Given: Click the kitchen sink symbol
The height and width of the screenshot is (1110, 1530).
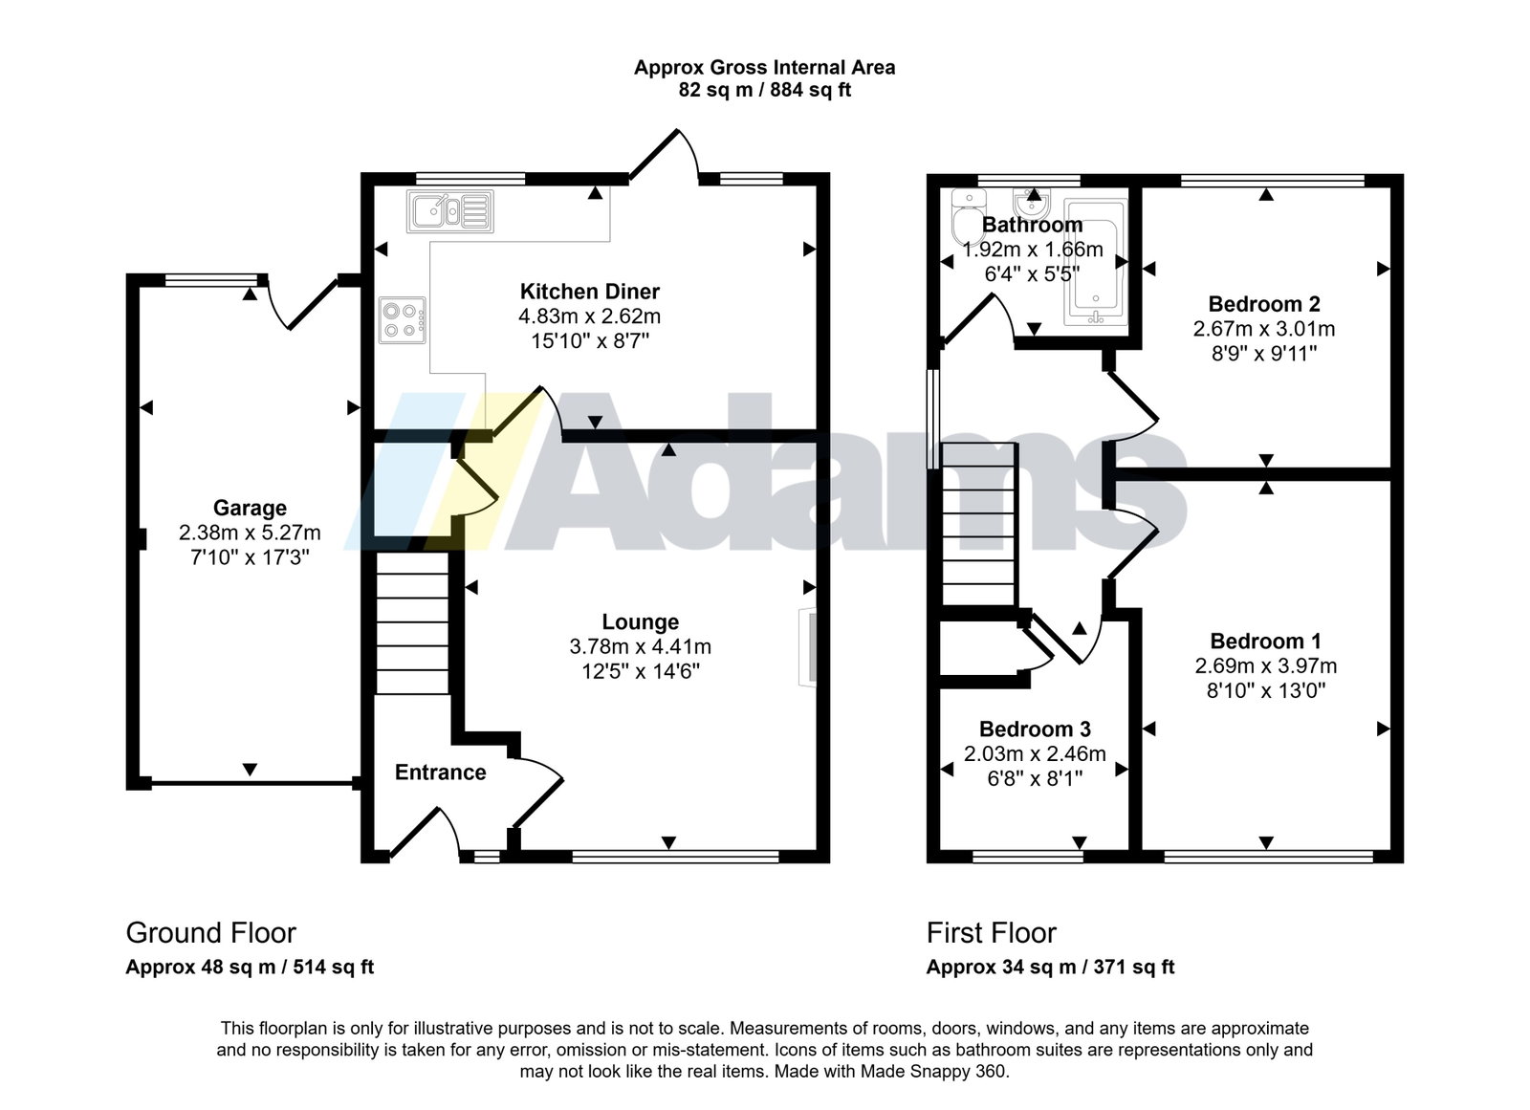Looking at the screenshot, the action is [450, 211].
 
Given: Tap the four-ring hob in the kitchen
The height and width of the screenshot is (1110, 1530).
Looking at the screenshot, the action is [403, 320].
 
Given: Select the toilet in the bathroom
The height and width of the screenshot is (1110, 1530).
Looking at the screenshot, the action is [969, 216].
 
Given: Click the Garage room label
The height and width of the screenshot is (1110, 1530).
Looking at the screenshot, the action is [250, 509].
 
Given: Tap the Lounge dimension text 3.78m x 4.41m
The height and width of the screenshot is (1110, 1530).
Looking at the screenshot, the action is [640, 646].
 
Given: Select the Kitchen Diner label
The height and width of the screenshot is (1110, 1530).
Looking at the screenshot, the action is [590, 292].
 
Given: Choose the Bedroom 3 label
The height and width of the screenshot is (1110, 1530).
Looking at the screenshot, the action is [1035, 729].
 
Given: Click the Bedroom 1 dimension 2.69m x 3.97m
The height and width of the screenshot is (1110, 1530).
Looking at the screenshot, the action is [1266, 665].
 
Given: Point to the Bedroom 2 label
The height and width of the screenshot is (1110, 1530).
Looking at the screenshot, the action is [1264, 303].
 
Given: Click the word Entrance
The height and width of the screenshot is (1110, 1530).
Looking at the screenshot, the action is [441, 772].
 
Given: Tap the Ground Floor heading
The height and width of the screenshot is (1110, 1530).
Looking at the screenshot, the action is [211, 933].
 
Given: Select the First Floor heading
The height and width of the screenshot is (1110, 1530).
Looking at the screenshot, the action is [991, 933].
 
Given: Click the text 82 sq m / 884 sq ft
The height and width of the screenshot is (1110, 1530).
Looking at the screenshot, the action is [765, 90].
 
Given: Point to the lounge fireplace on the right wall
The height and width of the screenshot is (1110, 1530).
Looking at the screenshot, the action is [807, 647].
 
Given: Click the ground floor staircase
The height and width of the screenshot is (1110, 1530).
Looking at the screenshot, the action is [412, 623].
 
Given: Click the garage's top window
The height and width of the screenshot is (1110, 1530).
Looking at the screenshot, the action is [211, 279].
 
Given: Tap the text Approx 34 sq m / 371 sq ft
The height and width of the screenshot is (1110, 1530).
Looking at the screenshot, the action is [1051, 968].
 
